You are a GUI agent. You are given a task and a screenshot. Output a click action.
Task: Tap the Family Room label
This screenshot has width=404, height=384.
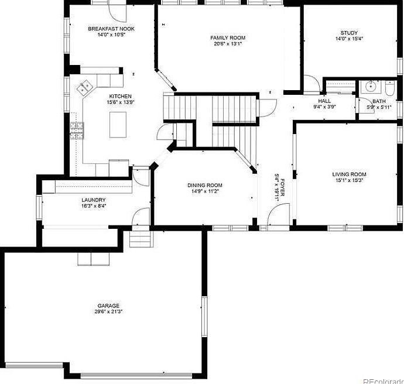click(228, 38)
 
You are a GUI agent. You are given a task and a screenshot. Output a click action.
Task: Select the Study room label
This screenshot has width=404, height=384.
click(349, 33)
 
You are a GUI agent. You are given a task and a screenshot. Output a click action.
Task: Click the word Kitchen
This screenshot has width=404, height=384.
click(120, 97)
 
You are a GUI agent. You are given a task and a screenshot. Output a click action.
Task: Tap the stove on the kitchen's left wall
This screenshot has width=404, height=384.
click(76, 129)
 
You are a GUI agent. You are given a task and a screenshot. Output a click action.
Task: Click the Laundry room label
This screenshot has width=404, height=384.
click(94, 200)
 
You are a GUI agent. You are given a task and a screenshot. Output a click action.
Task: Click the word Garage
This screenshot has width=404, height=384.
click(109, 306)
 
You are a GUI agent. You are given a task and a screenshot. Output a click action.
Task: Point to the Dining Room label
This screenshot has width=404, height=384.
click(204, 185)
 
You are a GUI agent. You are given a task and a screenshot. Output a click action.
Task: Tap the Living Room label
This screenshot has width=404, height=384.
click(349, 174)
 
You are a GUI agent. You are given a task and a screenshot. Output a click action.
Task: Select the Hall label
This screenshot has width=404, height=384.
click(324, 101)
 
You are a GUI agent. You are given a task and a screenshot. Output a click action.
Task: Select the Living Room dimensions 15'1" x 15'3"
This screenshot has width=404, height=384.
click(349, 180)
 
